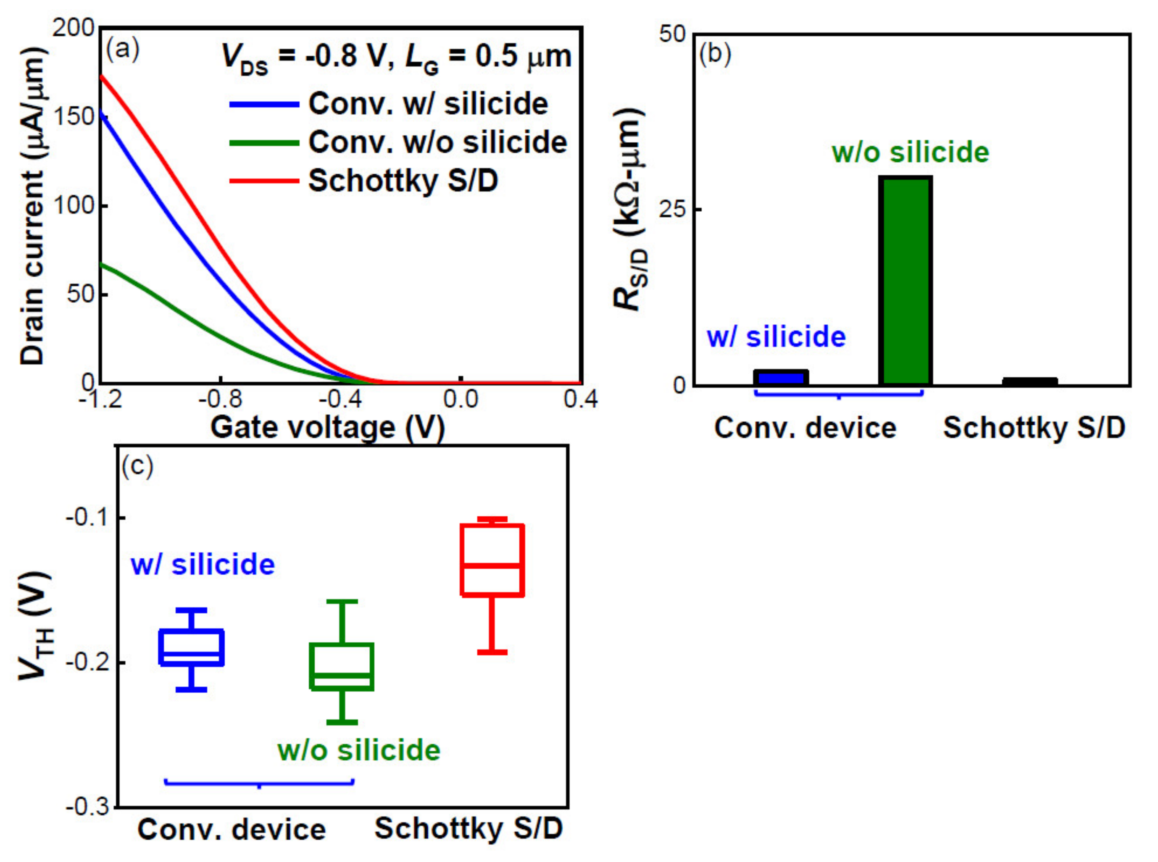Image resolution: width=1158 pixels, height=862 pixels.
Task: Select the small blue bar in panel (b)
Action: [780, 377]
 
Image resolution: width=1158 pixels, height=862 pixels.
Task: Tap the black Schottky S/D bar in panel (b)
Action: [1029, 382]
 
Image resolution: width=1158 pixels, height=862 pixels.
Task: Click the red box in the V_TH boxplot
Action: [492, 560]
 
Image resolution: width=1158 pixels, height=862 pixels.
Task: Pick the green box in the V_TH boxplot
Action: [342, 667]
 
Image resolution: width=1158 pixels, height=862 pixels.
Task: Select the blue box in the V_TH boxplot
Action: [192, 647]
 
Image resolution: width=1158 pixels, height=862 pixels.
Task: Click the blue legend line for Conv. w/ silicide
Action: [264, 104]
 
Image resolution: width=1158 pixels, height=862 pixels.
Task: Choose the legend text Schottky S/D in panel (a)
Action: [403, 181]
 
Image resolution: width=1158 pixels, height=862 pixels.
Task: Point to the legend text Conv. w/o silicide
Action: [437, 142]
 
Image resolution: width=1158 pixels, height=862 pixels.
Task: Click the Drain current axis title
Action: [32, 206]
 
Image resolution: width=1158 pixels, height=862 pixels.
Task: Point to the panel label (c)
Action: [137, 465]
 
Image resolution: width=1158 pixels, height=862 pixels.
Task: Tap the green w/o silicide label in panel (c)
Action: [358, 750]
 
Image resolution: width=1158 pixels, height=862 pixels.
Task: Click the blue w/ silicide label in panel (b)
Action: [776, 337]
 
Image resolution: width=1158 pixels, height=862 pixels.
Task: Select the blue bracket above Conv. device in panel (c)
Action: [259, 783]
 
